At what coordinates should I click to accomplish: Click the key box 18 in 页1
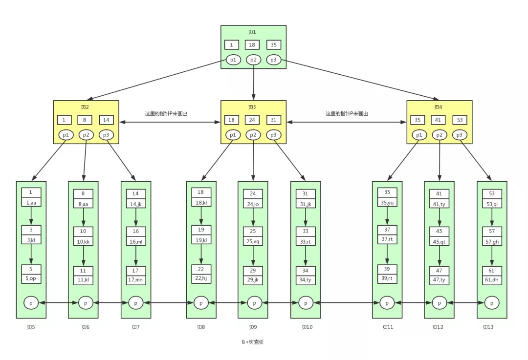point(252,45)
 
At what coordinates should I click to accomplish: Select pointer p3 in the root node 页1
point(274,60)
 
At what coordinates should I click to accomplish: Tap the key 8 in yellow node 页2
point(86,120)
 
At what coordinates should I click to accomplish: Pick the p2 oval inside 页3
point(253,135)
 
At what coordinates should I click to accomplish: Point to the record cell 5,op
point(31,279)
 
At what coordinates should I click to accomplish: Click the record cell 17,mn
point(136,280)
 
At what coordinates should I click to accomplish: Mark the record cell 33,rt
point(306,241)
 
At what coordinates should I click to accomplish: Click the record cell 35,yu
point(387,202)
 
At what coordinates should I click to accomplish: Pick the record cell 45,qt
point(439,241)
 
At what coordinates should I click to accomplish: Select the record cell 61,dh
point(492,280)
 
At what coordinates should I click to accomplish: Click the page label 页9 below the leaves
point(252,327)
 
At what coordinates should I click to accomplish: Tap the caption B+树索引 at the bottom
point(253,342)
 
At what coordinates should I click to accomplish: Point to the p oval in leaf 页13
point(492,303)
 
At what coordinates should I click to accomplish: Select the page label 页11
point(388,327)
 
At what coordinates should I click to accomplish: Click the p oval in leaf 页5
point(31,303)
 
